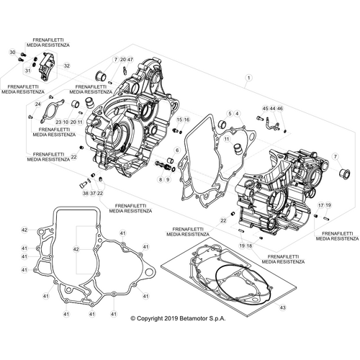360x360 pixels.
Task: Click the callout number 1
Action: pyautogui.click(x=249, y=78)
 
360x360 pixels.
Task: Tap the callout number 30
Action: pyautogui.click(x=13, y=53)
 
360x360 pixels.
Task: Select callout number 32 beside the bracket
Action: pyautogui.click(x=67, y=66)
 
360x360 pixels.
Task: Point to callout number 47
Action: pyautogui.click(x=130, y=59)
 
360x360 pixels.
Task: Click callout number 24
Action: pyautogui.click(x=38, y=104)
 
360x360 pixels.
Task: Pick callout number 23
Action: pyautogui.click(x=58, y=122)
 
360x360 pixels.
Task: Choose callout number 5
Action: pyautogui.click(x=230, y=113)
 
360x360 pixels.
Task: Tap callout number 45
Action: pyautogui.click(x=265, y=109)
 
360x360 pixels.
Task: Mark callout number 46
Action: pyautogui.click(x=280, y=109)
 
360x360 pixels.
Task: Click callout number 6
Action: pyautogui.click(x=177, y=150)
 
